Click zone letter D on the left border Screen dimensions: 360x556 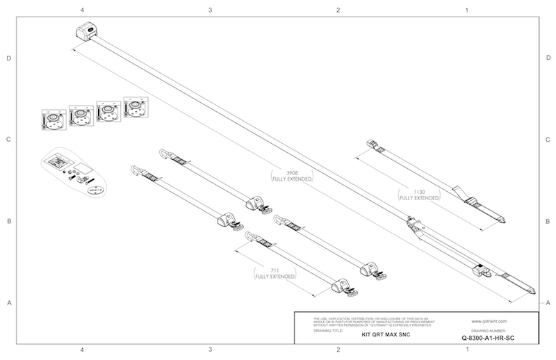click(9, 58)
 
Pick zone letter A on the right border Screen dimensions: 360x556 click(548, 302)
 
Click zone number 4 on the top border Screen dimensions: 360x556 click(83, 10)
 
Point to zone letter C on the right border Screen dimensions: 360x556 click(548, 140)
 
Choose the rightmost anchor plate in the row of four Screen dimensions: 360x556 click(135, 107)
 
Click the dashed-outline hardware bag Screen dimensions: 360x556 click(72, 172)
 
